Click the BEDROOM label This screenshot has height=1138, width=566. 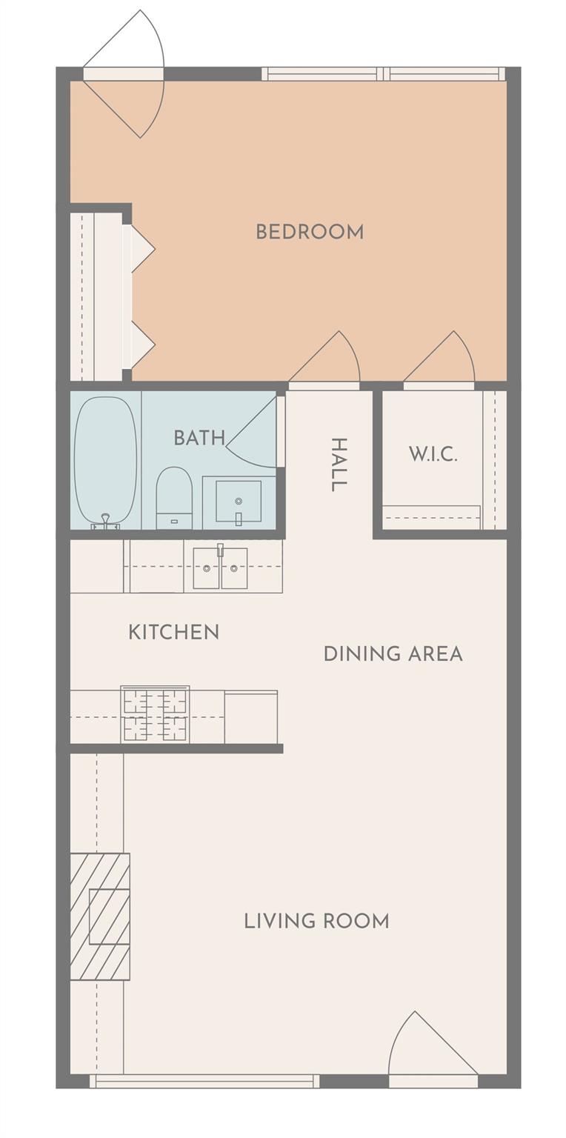click(310, 232)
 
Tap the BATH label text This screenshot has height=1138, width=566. click(199, 438)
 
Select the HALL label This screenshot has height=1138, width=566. click(338, 465)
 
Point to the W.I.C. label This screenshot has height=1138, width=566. click(433, 454)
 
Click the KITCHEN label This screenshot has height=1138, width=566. click(173, 632)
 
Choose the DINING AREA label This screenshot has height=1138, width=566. click(393, 653)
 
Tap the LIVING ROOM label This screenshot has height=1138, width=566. click(316, 921)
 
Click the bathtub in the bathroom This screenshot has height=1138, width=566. click(105, 460)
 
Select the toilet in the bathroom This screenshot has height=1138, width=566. click(174, 498)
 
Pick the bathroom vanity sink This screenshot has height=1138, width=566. click(238, 502)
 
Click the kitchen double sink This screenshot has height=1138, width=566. click(220, 568)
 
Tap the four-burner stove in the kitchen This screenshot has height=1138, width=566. click(155, 715)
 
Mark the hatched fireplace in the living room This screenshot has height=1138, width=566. click(100, 916)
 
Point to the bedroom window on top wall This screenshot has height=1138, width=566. click(383, 74)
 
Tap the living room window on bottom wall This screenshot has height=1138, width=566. click(204, 1081)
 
